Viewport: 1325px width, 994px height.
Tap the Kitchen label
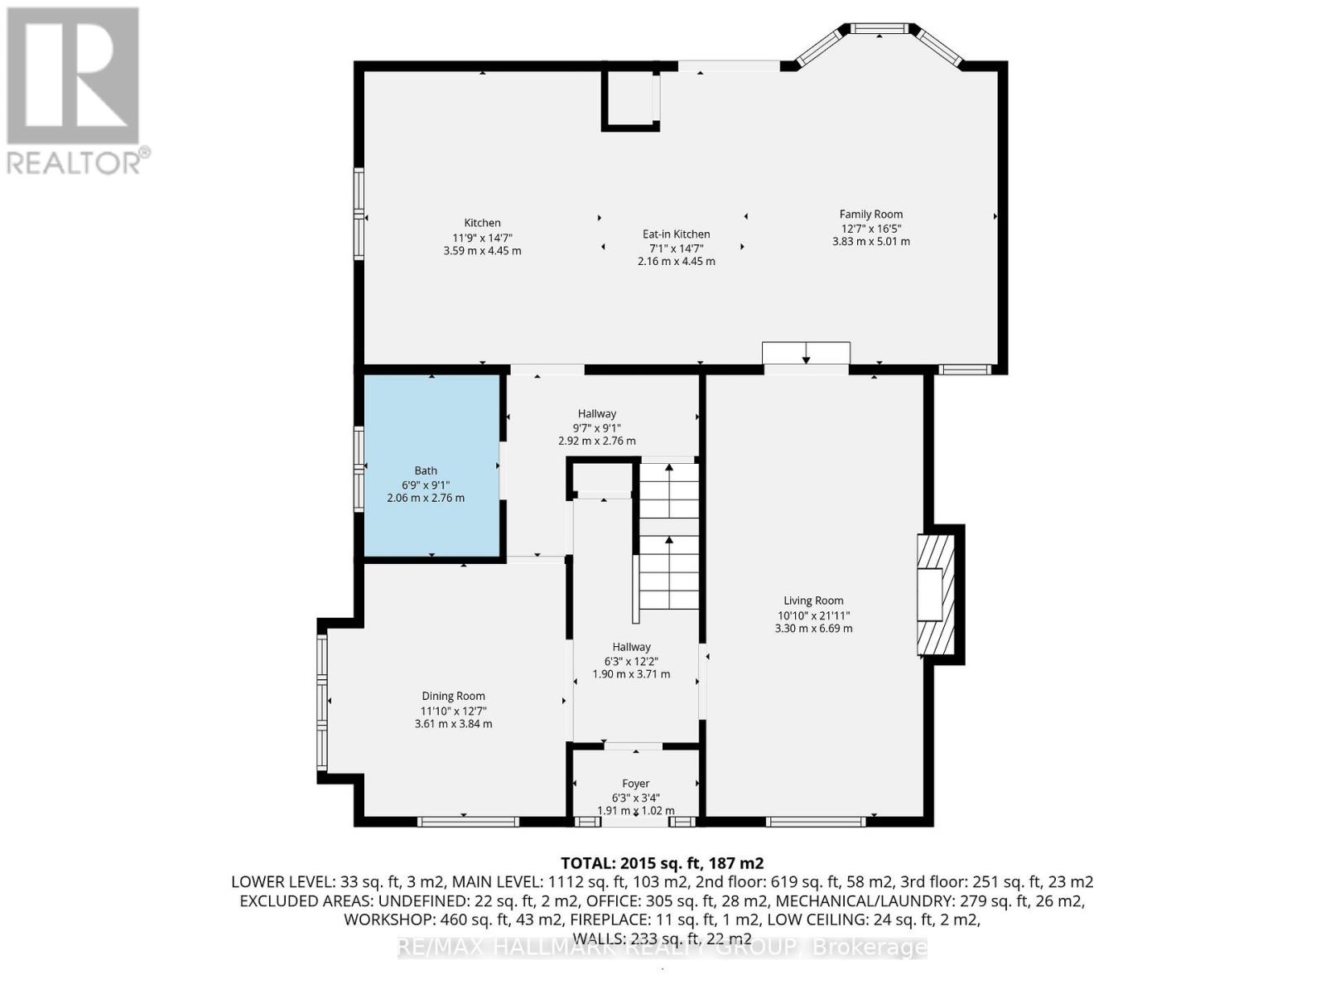point(482,223)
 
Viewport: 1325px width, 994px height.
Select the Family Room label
point(871,214)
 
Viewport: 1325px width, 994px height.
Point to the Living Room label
point(813,601)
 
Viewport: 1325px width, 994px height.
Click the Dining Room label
point(453,696)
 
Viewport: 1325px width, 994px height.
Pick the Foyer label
point(636,783)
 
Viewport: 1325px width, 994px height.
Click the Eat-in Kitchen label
point(677,234)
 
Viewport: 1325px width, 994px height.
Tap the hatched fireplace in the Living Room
point(936,594)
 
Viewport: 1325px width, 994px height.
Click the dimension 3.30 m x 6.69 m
point(813,629)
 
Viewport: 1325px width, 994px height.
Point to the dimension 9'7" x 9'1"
point(597,427)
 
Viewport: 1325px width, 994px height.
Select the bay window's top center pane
point(879,30)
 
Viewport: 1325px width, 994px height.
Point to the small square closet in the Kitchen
point(630,99)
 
